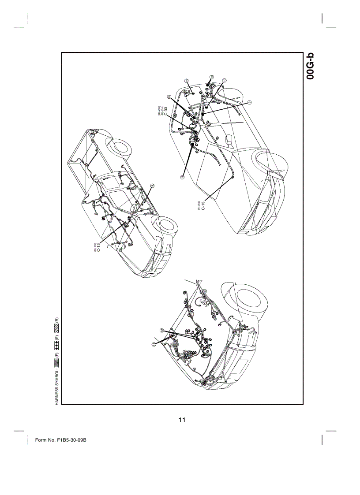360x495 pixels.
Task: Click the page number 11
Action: tap(182, 420)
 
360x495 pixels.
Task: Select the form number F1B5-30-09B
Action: tap(60, 440)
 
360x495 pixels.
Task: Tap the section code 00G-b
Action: tap(311, 66)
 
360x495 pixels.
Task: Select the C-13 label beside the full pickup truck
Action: tap(98, 248)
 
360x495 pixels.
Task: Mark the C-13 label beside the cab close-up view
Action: tap(203, 205)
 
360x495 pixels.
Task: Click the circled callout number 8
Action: tap(152, 186)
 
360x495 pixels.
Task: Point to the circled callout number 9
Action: tap(249, 103)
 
